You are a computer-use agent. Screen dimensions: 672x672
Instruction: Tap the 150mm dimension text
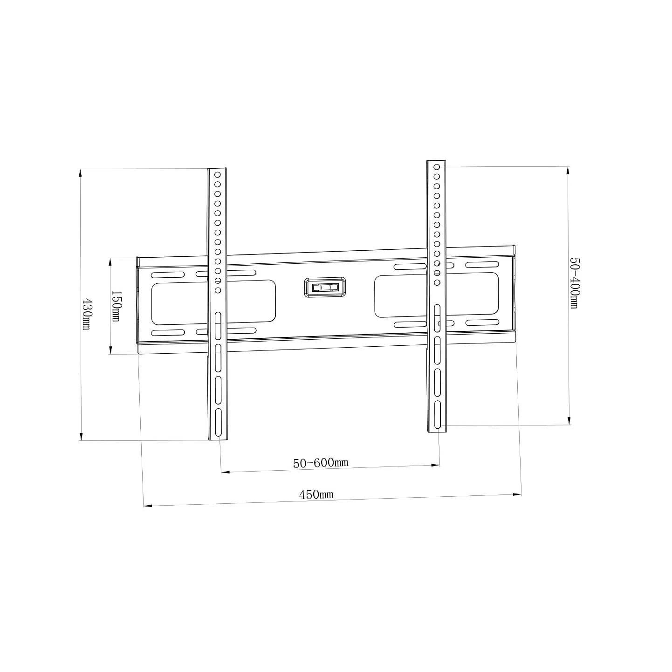pyautogui.click(x=116, y=306)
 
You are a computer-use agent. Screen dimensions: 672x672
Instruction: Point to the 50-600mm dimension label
pyautogui.click(x=321, y=463)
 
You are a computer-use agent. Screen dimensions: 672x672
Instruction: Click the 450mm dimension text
pyautogui.click(x=316, y=494)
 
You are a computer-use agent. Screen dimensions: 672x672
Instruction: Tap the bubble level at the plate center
pyautogui.click(x=325, y=287)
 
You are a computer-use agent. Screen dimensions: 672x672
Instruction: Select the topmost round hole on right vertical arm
pyautogui.click(x=437, y=167)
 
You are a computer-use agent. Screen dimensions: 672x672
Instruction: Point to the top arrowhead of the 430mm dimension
pyautogui.click(x=81, y=172)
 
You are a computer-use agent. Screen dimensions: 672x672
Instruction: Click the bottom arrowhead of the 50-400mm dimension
pyautogui.click(x=569, y=421)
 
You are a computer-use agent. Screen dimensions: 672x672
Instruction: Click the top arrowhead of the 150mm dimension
pyautogui.click(x=110, y=262)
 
